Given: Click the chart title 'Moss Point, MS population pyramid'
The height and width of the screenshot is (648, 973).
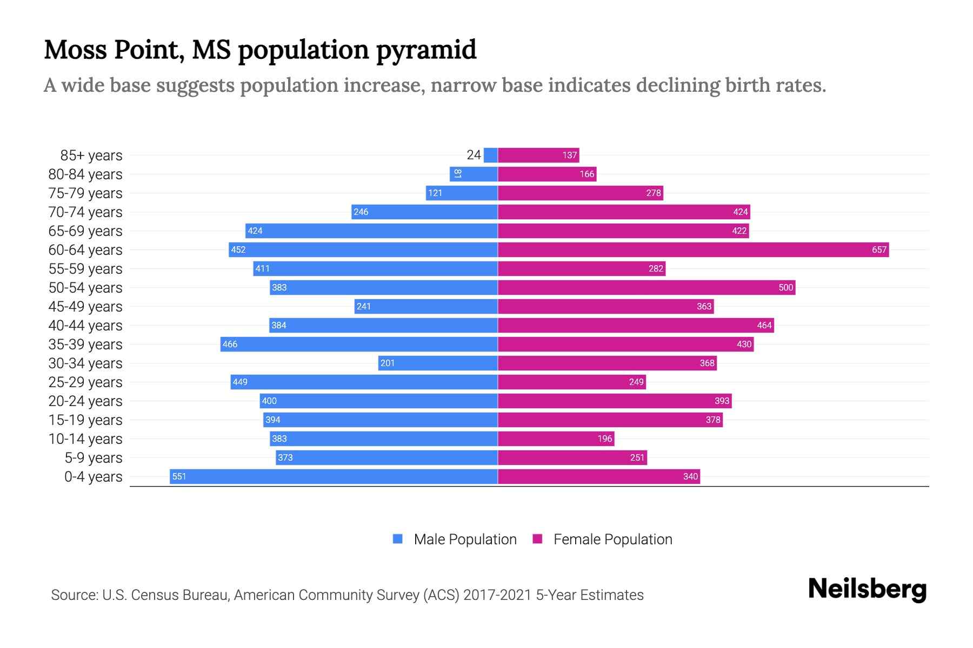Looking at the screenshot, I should pos(260,50).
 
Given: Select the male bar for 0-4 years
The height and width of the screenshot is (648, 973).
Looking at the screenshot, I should pos(334,476).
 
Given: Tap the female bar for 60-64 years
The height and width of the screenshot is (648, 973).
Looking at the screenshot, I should pos(693,249).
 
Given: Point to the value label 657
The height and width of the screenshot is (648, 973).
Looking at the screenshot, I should pos(879,249).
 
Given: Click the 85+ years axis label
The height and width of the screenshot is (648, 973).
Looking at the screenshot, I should pos(91,155).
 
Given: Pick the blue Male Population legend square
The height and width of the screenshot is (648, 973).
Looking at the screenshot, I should pos(398,539).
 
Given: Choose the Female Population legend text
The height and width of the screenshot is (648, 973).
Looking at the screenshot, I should pos(612,539).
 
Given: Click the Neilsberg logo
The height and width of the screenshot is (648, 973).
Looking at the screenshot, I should pos(867,589).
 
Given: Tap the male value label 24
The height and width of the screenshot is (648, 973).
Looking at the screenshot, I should pos(474,155).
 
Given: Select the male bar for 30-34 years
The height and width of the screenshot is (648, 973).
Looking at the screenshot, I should pos(438,363).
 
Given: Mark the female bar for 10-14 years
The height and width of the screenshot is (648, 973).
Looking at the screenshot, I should pos(556,438).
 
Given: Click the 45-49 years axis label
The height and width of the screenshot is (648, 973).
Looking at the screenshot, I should pos(85,306).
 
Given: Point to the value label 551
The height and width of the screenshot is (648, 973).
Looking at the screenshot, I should pos(179,476).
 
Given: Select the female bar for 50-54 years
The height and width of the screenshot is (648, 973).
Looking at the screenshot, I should pos(647,287).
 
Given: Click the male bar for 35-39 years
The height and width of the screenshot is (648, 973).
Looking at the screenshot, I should pos(359,344).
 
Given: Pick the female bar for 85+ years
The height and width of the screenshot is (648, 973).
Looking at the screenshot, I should pos(538,155).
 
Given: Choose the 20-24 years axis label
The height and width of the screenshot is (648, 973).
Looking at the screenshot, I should pos(85,401).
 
